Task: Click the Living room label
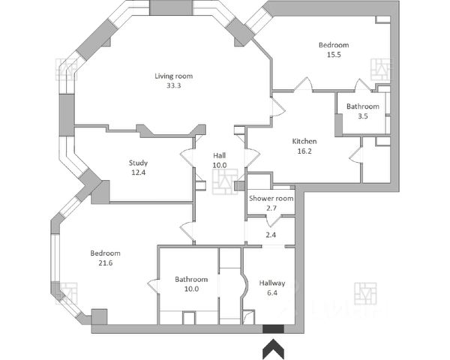(x=175, y=76)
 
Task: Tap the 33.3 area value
(x=175, y=85)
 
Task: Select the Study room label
(x=138, y=163)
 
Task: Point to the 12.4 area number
(x=138, y=172)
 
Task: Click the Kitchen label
(x=304, y=141)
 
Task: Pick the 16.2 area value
(x=304, y=151)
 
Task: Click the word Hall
(x=219, y=155)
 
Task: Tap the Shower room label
(x=271, y=198)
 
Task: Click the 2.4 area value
(x=271, y=235)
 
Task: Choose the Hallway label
(x=272, y=283)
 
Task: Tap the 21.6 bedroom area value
(x=105, y=263)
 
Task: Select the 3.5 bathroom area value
(x=362, y=116)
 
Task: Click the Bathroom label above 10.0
(x=190, y=280)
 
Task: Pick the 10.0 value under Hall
(x=219, y=165)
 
